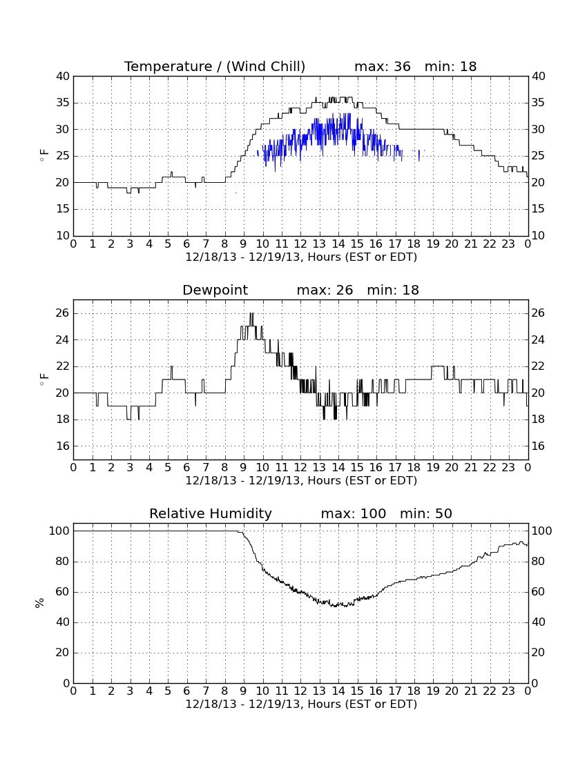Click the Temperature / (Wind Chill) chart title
click(x=215, y=67)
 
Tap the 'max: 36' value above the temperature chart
click(x=383, y=67)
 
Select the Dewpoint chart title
click(x=215, y=290)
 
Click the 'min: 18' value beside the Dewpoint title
click(x=393, y=290)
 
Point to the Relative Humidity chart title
click(x=211, y=513)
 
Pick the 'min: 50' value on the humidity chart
click(x=425, y=513)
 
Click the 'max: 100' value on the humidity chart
click(x=354, y=513)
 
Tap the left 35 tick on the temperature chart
click(x=64, y=103)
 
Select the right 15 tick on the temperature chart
click(x=539, y=209)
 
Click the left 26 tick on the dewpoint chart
click(x=64, y=313)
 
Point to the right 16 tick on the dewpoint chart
click(x=539, y=446)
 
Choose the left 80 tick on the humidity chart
click(x=64, y=562)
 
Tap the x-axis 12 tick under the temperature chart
click(x=300, y=244)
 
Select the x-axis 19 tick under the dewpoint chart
click(x=433, y=468)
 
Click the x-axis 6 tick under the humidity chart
click(x=187, y=691)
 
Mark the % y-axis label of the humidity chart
click(x=40, y=603)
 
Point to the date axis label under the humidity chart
click(x=301, y=704)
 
